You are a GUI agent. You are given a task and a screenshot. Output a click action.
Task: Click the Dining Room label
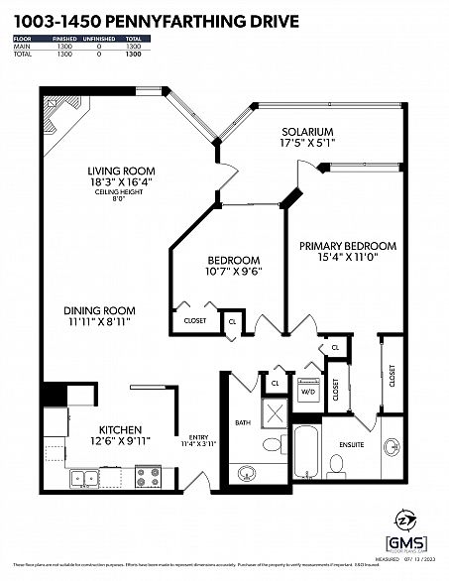tap(100, 309)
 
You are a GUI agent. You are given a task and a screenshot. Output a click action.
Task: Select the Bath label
tap(243, 422)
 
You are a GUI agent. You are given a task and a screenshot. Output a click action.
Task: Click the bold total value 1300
tap(132, 54)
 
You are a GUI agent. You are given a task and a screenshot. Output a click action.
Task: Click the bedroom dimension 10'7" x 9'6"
tap(232, 272)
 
